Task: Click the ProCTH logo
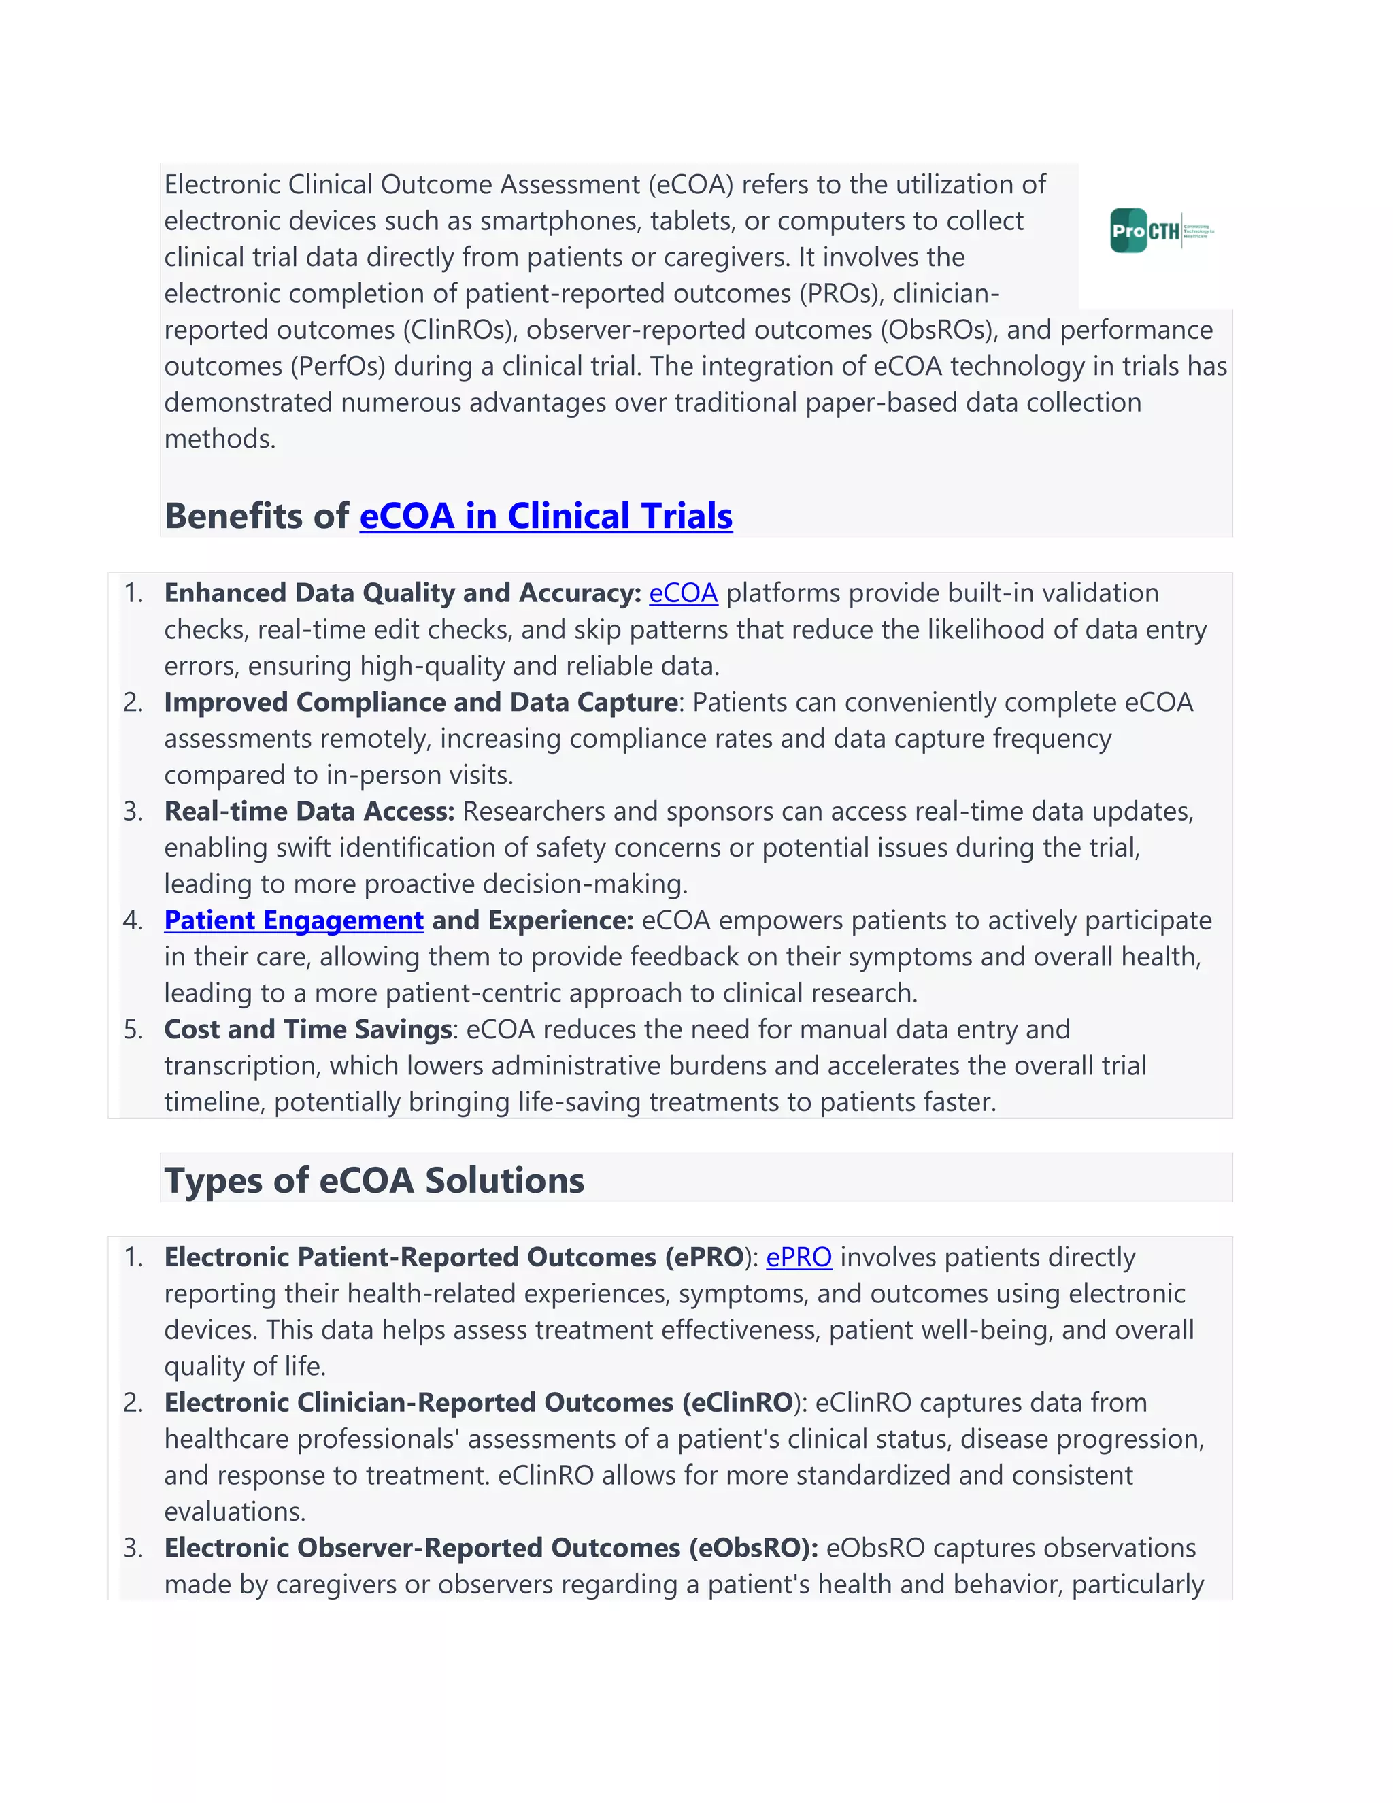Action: coord(1161,231)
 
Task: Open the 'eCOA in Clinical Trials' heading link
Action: coord(546,516)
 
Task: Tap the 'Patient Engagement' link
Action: coord(294,920)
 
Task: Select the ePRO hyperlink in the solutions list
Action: coord(798,1257)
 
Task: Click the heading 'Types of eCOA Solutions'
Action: coord(374,1180)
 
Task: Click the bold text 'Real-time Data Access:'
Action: coord(309,811)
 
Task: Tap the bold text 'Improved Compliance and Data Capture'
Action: coord(421,701)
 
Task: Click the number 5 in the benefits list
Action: coord(133,1029)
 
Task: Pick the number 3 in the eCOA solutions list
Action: coord(133,1548)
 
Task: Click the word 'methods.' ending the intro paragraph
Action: coord(220,438)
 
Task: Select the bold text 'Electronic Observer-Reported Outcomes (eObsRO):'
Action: coord(491,1547)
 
